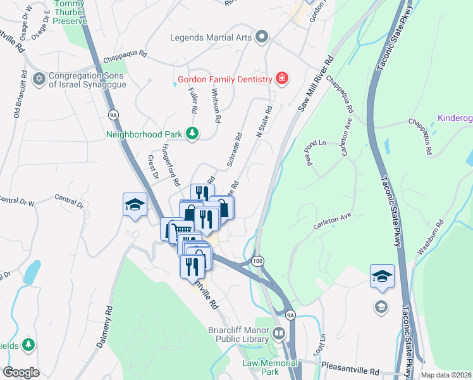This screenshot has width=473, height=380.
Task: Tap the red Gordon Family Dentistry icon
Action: [x=282, y=79]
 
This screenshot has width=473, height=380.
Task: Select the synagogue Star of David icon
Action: [x=39, y=78]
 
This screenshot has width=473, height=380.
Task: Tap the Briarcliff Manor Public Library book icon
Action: [x=279, y=333]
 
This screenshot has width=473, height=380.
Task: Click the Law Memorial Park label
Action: [x=270, y=367]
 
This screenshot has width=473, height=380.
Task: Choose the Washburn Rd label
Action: [x=431, y=236]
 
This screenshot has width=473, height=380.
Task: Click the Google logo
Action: [x=21, y=372]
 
